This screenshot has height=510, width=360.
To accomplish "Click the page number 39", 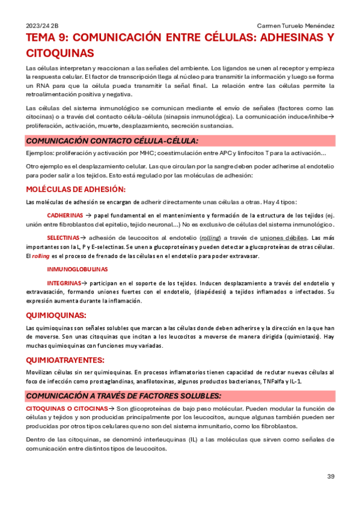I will click(x=331, y=477).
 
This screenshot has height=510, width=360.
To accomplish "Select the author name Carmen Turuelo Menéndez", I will click(x=296, y=26).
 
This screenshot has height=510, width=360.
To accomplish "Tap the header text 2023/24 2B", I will click(x=42, y=26).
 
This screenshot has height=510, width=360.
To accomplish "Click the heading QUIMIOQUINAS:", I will click(x=56, y=315).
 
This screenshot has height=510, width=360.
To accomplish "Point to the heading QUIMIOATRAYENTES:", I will click(x=66, y=360).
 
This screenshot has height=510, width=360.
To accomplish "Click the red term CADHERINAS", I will click(x=65, y=215).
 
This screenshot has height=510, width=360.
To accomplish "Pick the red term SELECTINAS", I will click(x=63, y=238).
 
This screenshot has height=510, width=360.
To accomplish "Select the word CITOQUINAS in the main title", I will click(x=60, y=53).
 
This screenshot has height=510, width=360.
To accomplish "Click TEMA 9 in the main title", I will click(x=46, y=38).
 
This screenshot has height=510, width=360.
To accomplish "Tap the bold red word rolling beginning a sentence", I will click(x=41, y=256).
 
